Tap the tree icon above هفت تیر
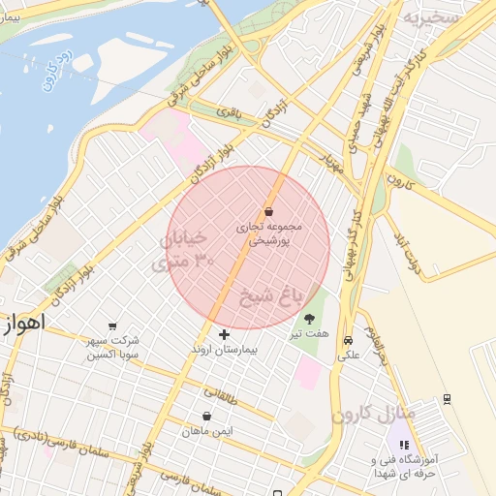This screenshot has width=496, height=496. pyautogui.click(x=309, y=318)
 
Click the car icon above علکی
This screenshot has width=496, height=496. pyautogui.click(x=347, y=339)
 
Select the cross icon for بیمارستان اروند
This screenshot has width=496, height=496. pyautogui.click(x=225, y=334)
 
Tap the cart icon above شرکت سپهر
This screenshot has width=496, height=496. pyautogui.click(x=113, y=325)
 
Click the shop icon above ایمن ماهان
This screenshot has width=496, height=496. pyautogui.click(x=206, y=416)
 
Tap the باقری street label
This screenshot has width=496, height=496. pyautogui.click(x=228, y=113)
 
